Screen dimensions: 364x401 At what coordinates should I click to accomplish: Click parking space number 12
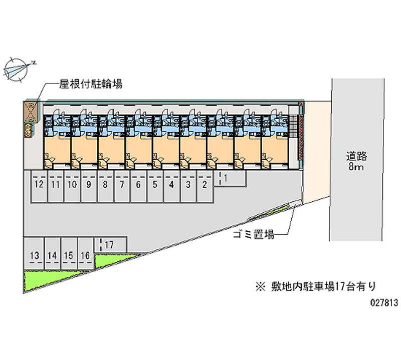pos(39,186)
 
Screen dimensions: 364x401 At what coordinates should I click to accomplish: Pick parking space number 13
pos(35,254)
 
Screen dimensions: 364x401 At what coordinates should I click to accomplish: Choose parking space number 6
pos(138,186)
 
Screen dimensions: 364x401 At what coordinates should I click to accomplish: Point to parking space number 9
pos(88,186)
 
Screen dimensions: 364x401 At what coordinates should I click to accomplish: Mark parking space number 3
pos(188,186)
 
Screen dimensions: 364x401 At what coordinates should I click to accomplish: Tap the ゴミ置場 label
pos(253,234)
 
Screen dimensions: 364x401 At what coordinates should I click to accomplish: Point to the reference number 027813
pos(383,302)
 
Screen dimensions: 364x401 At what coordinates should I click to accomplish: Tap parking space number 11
pos(55,186)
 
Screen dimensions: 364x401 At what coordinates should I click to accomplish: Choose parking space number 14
pos(52,254)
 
